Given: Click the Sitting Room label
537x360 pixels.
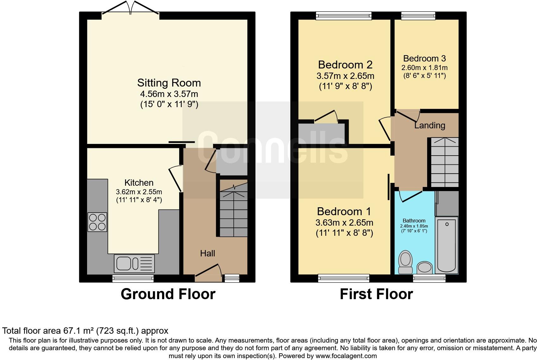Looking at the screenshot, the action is (169, 83).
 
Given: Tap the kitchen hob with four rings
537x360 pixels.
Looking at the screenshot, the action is (97, 222).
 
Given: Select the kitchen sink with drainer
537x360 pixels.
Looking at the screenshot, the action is (134, 264).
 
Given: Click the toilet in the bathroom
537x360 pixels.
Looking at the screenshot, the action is (405, 262).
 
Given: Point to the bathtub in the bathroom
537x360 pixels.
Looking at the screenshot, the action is (447, 245).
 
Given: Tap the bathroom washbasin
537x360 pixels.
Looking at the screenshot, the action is (425, 268).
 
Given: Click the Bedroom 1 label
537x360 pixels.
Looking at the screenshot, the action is (344, 212).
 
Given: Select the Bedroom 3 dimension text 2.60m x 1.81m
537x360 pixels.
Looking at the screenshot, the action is (425, 68).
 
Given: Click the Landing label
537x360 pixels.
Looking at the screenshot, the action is (430, 125).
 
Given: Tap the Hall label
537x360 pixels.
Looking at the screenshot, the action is (208, 253).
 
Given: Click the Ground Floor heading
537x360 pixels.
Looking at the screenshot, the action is (168, 294).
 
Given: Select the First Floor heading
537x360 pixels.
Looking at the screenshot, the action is (376, 294).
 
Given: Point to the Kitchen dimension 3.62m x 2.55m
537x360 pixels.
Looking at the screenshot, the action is (139, 192).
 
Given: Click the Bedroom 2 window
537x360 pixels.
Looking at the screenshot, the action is (344, 16).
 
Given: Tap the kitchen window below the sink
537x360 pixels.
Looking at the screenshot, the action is (133, 279).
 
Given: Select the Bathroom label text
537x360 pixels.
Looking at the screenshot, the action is (414, 221).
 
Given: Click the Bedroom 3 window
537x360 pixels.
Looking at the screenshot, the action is (418, 16).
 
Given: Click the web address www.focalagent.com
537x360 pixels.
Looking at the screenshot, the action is (346, 356).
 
